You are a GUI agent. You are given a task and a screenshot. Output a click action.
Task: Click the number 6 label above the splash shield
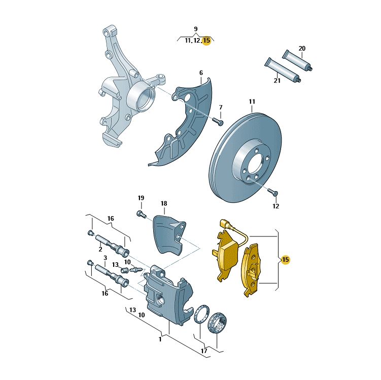click(201, 73)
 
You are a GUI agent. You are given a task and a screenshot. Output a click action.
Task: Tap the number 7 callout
click(221, 107)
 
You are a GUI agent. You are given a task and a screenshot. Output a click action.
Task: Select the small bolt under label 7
click(218, 121)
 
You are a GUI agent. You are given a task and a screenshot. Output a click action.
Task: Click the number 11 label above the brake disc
click(252, 101)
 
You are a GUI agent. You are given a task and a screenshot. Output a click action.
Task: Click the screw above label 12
click(273, 192)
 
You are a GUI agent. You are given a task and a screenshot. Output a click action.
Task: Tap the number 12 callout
click(276, 206)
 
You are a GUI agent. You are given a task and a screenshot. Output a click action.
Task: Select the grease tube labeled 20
click(297, 60)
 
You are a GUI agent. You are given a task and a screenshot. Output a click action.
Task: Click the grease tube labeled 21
click(283, 70)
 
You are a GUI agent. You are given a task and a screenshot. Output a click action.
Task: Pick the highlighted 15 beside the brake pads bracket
click(285, 259)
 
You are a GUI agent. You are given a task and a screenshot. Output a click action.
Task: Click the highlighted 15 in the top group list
click(206, 40)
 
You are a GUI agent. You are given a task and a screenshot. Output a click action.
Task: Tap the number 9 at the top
click(196, 29)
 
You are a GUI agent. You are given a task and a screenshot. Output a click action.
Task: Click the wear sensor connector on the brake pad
click(224, 224)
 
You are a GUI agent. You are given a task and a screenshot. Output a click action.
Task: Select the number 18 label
click(164, 203)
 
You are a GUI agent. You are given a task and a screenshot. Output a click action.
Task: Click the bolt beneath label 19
click(141, 214)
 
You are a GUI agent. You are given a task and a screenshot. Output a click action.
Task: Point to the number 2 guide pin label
click(100, 249)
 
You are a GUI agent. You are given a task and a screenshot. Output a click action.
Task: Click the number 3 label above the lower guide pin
click(105, 258)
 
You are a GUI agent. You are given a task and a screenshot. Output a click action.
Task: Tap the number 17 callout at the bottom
click(204, 351)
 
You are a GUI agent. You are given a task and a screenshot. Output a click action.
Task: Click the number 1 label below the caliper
click(160, 339)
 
